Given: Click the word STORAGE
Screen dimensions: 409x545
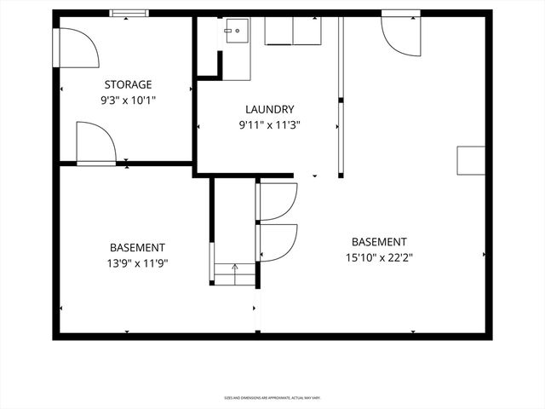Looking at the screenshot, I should pyautogui.click(x=128, y=84).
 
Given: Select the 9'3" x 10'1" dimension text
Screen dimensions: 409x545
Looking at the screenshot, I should pyautogui.click(x=128, y=100).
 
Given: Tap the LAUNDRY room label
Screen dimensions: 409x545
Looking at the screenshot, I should pyautogui.click(x=269, y=109).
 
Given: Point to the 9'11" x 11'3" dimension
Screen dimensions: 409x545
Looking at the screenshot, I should pyautogui.click(x=269, y=124).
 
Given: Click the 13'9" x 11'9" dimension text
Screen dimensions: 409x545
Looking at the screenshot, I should pyautogui.click(x=137, y=263).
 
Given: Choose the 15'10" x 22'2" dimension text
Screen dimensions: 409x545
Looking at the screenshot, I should pyautogui.click(x=379, y=256).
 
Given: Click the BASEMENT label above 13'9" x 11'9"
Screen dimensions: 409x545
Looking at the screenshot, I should pyautogui.click(x=137, y=247).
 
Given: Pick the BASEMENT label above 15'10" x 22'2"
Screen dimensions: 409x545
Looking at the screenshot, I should pyautogui.click(x=379, y=241).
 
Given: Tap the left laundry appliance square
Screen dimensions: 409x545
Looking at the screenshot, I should pyautogui.click(x=278, y=31).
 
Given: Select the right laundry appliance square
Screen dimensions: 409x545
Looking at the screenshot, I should pyautogui.click(x=307, y=31).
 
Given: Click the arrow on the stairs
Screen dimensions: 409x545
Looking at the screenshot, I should pyautogui.click(x=235, y=268).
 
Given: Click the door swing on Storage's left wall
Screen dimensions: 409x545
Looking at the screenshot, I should pyautogui.click(x=75, y=47).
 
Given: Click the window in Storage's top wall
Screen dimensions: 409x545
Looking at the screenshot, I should pyautogui.click(x=129, y=14).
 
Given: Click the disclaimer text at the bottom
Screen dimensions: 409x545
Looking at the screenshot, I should pyautogui.click(x=272, y=397).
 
